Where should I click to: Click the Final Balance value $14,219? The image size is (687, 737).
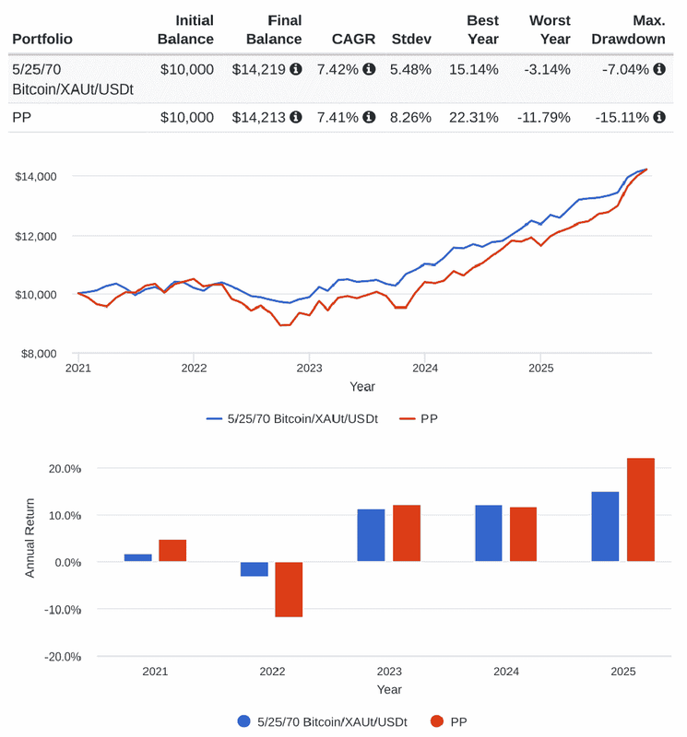[x=261, y=68]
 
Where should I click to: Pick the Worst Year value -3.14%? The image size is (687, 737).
[x=549, y=68]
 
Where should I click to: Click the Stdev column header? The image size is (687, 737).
[x=410, y=39]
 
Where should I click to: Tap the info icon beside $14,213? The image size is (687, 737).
[x=295, y=117]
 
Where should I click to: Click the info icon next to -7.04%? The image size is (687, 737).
[x=659, y=68]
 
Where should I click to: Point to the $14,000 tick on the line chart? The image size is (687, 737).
[x=36, y=176]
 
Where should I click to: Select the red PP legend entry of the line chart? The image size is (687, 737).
[x=420, y=418]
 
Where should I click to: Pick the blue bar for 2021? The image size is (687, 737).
[x=138, y=557]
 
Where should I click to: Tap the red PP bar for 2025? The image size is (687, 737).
[x=641, y=509]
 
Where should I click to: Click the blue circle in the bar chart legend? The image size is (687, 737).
[x=244, y=721]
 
